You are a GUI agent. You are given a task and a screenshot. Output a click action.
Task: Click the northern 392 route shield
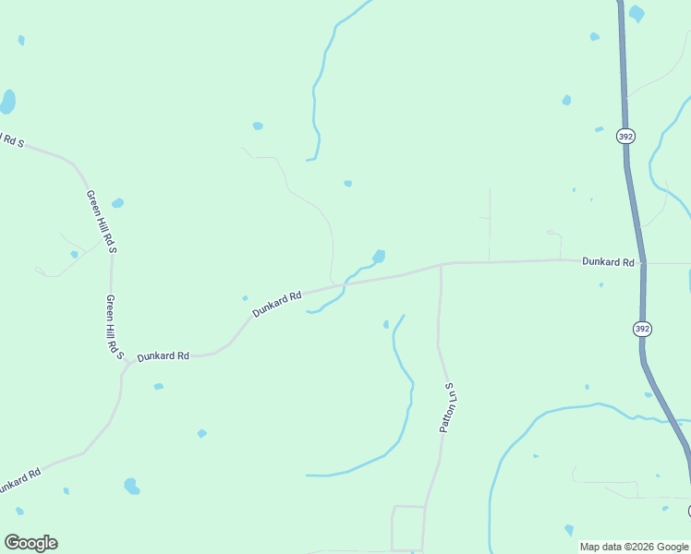(x=625, y=136)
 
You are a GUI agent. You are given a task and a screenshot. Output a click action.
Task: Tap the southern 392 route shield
(x=642, y=329)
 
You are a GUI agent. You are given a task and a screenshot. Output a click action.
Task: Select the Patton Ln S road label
(x=449, y=408)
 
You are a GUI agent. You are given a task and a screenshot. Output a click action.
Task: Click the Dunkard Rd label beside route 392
(x=608, y=262)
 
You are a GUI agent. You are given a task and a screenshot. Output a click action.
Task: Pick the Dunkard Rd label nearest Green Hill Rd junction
(x=163, y=356)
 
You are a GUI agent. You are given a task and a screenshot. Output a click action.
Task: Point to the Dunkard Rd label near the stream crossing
(x=277, y=304)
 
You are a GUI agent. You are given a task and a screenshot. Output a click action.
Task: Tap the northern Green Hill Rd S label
(x=101, y=222)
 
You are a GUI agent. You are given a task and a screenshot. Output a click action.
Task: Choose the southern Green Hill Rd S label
(x=115, y=326)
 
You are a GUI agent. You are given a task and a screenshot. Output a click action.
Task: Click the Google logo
(x=30, y=543)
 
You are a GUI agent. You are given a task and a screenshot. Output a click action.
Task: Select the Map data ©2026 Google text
(x=634, y=547)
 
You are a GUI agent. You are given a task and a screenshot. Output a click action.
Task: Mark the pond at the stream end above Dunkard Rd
(x=379, y=256)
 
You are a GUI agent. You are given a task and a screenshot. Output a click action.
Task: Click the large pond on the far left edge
(x=7, y=101)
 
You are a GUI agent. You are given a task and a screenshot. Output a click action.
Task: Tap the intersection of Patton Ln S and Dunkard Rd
(x=441, y=265)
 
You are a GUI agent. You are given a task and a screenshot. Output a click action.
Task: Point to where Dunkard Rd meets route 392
(x=642, y=263)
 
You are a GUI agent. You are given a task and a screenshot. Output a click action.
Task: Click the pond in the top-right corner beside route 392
(x=636, y=14)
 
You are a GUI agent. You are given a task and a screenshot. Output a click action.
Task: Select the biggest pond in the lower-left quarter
(x=132, y=486)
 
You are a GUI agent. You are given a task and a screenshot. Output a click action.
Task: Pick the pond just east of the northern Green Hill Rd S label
(x=117, y=203)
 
